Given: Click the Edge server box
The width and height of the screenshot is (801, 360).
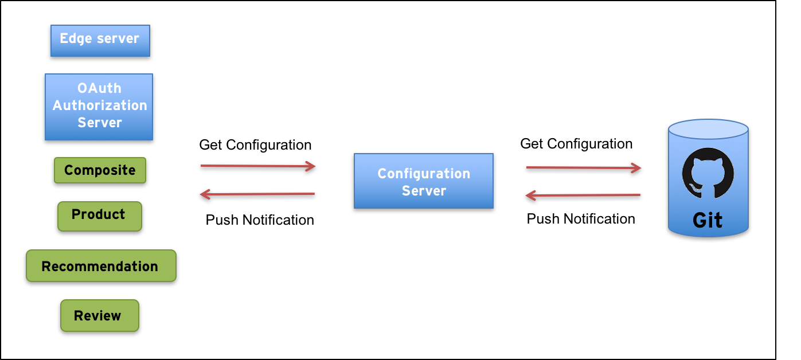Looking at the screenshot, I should point(100,41).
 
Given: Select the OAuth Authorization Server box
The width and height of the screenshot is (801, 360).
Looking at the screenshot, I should point(99,107).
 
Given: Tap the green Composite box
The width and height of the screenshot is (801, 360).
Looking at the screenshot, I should point(100,170).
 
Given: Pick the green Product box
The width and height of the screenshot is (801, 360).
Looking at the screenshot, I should point(100,216).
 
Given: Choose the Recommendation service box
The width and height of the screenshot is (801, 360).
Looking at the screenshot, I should point(101,265).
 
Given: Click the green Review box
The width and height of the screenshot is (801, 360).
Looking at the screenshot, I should point(100,315).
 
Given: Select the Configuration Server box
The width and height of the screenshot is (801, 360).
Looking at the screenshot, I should point(424,181).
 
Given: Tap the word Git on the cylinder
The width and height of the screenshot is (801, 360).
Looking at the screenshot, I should point(708,221).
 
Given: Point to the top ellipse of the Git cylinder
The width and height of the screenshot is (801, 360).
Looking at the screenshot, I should point(708,129).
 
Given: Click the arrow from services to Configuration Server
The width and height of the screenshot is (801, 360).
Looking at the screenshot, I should point(258,166).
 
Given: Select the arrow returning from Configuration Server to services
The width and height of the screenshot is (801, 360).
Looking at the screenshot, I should point(258,194).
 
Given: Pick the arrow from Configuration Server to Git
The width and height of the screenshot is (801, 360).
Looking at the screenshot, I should point(584,168).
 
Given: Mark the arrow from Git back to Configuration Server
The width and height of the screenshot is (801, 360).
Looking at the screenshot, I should point(584,195).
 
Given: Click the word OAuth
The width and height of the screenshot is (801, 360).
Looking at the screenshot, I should point(99,88).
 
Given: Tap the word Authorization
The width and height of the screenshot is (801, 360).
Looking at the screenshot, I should point(100,105).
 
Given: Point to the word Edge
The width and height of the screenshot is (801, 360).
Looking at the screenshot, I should point(72,38).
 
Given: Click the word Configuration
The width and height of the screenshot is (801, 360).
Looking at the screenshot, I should point(424,173).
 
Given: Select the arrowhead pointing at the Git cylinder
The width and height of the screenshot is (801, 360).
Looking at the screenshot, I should point(636,168).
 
